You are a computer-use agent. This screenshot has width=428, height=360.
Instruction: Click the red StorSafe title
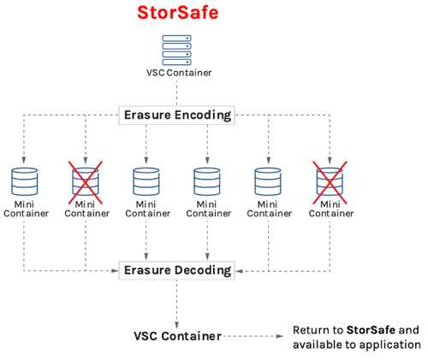pyautogui.click(x=178, y=13)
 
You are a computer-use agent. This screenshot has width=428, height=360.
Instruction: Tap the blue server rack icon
pyautogui.click(x=177, y=50)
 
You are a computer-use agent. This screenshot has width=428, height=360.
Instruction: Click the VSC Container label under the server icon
pyautogui.click(x=179, y=73)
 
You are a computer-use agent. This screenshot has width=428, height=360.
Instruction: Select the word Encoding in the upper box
pyautogui.click(x=203, y=115)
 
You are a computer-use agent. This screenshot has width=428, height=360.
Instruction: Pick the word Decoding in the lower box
pyautogui.click(x=203, y=270)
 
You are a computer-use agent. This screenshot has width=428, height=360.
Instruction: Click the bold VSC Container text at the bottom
pyautogui.click(x=177, y=336)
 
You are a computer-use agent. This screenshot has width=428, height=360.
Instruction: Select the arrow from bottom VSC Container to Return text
pyautogui.click(x=253, y=336)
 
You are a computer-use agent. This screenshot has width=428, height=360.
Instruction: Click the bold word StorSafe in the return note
pyautogui.click(x=371, y=330)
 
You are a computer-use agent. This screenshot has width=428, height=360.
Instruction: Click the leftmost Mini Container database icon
pyautogui.click(x=24, y=181)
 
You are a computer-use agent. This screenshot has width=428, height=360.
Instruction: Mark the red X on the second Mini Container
pyautogui.click(x=86, y=183)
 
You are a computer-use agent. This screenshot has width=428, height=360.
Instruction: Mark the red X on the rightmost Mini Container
pyautogui.click(x=330, y=183)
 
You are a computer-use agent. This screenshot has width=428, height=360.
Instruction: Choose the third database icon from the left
pyautogui.click(x=146, y=181)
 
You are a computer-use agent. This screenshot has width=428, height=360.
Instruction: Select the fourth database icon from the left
pyautogui.click(x=207, y=181)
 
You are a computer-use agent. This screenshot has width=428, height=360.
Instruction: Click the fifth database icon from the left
pyautogui.click(x=268, y=181)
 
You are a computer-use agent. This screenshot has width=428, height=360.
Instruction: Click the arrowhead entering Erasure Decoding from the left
pyautogui.click(x=115, y=271)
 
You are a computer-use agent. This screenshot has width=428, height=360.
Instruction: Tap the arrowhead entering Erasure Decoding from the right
pyautogui.click(x=239, y=271)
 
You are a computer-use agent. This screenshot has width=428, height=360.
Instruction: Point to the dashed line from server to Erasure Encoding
pyautogui.click(x=177, y=93)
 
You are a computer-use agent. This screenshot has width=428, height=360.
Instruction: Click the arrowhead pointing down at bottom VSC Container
pyautogui.click(x=177, y=325)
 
